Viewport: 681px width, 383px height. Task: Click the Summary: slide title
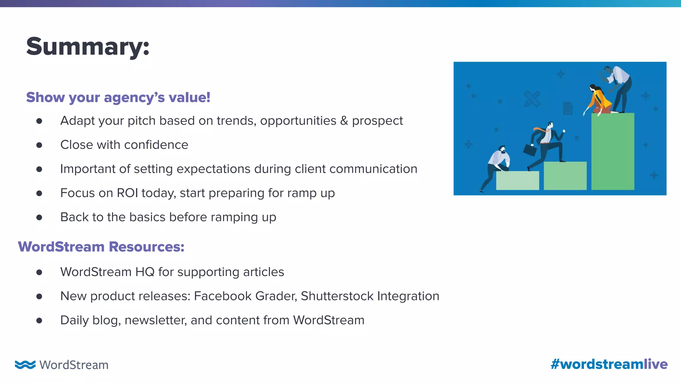88,47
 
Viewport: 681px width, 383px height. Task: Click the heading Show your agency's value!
118,97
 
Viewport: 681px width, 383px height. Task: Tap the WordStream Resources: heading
101,247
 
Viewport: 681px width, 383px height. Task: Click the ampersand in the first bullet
344,121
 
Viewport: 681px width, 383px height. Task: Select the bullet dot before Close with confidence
39,145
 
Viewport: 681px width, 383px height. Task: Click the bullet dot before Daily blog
39,320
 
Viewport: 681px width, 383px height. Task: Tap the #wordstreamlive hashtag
609,364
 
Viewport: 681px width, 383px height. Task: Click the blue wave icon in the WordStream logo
25,365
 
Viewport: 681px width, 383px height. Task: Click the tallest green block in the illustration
613,151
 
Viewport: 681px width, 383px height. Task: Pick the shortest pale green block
517,181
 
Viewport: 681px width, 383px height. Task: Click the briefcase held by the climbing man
530,150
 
